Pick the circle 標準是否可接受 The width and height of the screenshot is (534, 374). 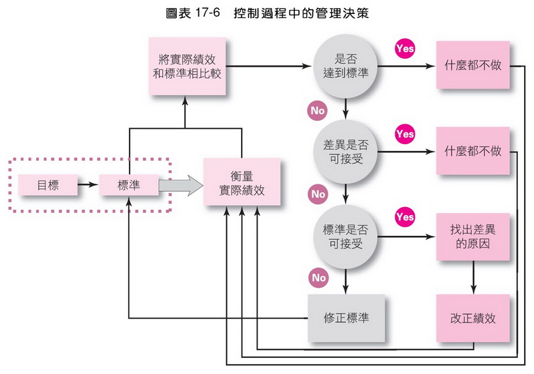point(346,236)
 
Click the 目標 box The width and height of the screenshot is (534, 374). point(47,185)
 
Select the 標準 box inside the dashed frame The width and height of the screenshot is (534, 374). point(128,185)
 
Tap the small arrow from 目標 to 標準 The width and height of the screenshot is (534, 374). point(87,185)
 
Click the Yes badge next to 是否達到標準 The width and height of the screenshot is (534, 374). point(405,49)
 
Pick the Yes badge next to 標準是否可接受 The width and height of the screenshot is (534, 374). point(405,217)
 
